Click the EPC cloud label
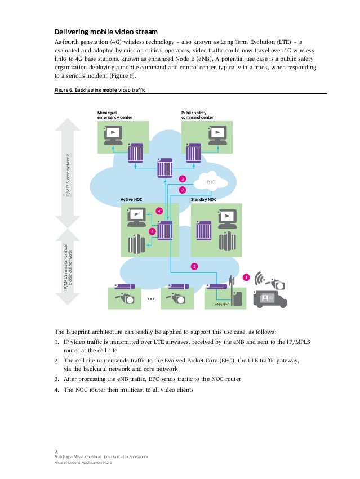pyautogui.click(x=211, y=182)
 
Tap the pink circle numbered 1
pyautogui.click(x=245, y=277)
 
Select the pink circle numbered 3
pyautogui.click(x=182, y=179)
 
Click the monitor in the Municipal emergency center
pyautogui.click(x=113, y=134)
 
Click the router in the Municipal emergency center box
pyautogui.click(x=135, y=151)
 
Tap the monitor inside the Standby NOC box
pyautogui.click(x=227, y=217)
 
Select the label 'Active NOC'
pyautogui.click(x=131, y=200)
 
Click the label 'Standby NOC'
pyautogui.click(x=203, y=200)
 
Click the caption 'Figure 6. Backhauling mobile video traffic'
pyautogui.click(x=99, y=90)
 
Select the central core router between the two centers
pyautogui.click(x=165, y=167)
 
